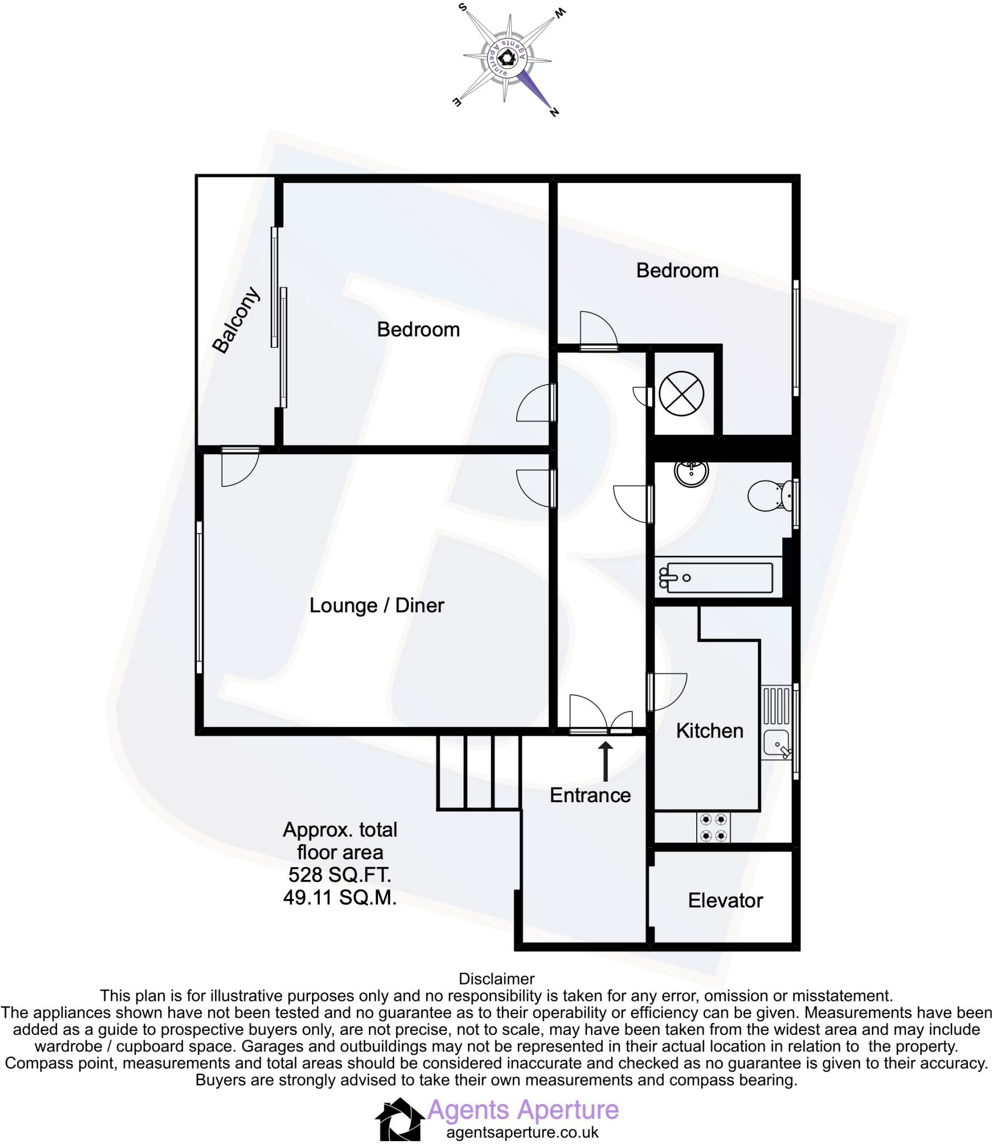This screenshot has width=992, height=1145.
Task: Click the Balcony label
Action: (237, 320)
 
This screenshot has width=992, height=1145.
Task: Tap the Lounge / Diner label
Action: (376, 605)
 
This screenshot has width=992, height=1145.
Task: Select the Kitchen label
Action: (709, 731)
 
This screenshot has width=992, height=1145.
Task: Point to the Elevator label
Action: (725, 900)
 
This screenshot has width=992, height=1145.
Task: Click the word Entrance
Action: (590, 795)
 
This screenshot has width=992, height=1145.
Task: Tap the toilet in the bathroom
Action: (769, 494)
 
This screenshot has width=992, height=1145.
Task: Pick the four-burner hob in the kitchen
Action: (714, 827)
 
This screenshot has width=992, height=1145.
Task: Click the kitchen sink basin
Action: (776, 744)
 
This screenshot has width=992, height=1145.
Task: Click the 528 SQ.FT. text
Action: (339, 874)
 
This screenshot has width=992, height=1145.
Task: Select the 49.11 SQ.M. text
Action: (339, 897)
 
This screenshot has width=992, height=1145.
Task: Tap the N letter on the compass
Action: (554, 112)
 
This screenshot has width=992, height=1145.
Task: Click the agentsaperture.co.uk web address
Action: (522, 1132)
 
